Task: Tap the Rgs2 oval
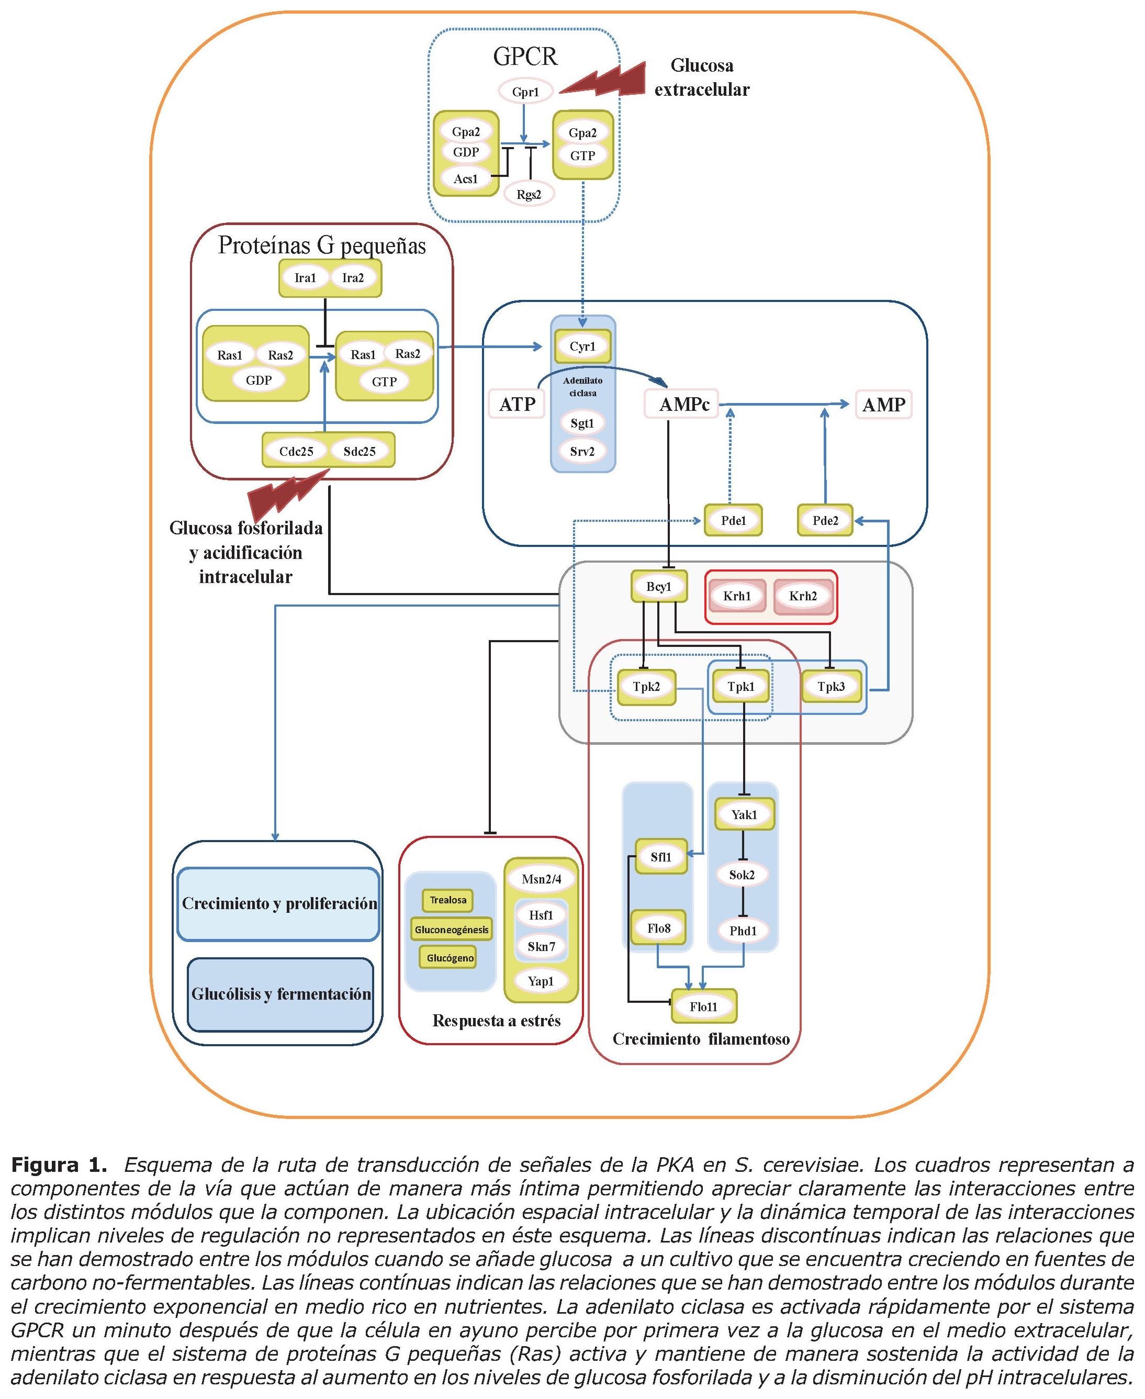pyautogui.click(x=529, y=194)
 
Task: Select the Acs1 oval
pyautogui.click(x=466, y=178)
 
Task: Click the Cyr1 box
pyautogui.click(x=582, y=346)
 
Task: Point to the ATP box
pyautogui.click(x=517, y=404)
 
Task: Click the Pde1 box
pyautogui.click(x=733, y=520)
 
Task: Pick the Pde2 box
pyautogui.click(x=825, y=520)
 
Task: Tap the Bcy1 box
pyautogui.click(x=658, y=586)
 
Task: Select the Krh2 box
pyautogui.click(x=803, y=596)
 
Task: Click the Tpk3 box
pyautogui.click(x=831, y=687)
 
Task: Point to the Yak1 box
pyautogui.click(x=744, y=814)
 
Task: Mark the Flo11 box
pyautogui.click(x=704, y=1006)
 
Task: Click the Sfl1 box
pyautogui.click(x=661, y=857)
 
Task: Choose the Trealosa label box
pyautogui.click(x=448, y=900)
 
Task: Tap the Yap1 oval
pyautogui.click(x=541, y=981)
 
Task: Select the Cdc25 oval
pyautogui.click(x=296, y=451)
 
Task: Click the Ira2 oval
pyautogui.click(x=353, y=278)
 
